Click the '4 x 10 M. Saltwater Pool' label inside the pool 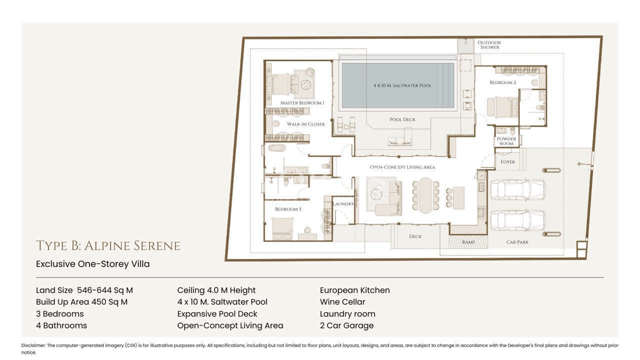[402, 85]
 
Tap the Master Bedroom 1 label [302, 103]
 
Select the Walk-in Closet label [305, 124]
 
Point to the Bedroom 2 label [503, 82]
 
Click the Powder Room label [506, 141]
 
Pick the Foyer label [507, 162]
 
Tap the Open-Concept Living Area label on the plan [402, 167]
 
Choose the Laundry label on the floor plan [343, 204]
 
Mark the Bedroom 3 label [288, 209]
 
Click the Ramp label [468, 242]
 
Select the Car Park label [517, 242]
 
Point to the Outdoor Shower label [489, 45]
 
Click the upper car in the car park [518, 189]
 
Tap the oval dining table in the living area [425, 195]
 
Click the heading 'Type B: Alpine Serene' [108, 245]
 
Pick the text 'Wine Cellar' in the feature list [342, 302]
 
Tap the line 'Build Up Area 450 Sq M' [81, 302]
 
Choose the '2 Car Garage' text [346, 325]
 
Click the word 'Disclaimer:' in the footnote [33, 345]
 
